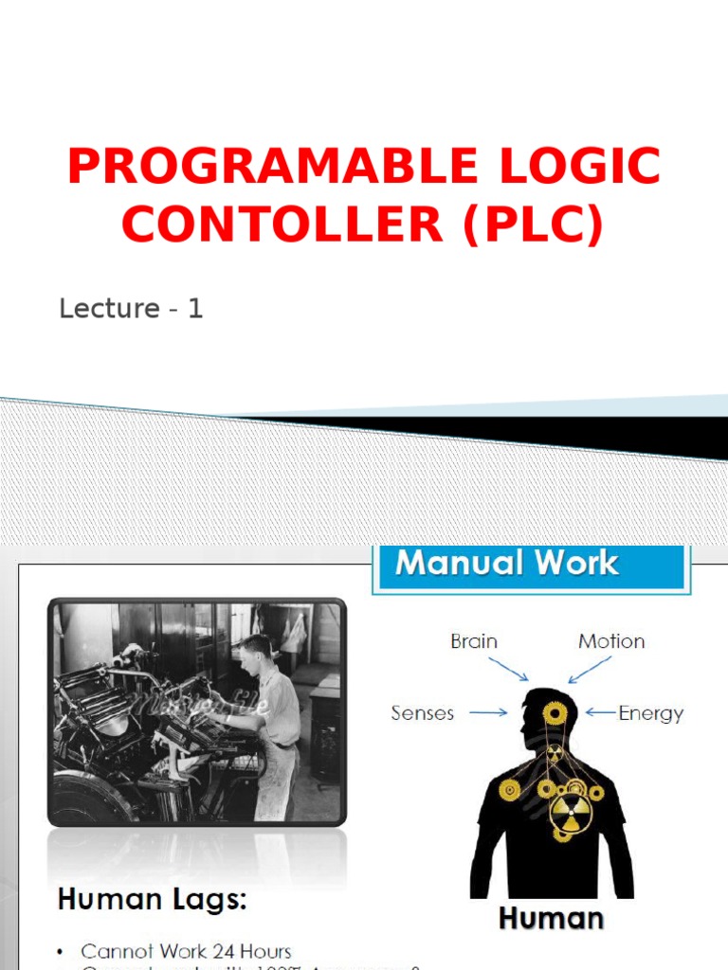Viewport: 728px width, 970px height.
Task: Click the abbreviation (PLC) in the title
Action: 533,225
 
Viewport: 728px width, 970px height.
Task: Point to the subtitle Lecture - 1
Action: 131,308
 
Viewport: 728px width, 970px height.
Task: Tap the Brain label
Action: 474,641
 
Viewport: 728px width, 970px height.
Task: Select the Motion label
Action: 611,641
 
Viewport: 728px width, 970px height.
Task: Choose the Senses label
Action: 423,712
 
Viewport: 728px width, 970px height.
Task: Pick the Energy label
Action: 650,712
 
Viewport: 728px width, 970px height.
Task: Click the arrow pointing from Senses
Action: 489,712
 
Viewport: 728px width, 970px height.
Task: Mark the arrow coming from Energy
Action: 600,712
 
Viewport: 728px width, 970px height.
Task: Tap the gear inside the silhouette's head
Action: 555,712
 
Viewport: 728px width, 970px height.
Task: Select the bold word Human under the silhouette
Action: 551,918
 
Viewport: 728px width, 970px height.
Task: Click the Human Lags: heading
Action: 153,900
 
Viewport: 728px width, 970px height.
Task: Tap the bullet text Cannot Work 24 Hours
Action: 186,951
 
